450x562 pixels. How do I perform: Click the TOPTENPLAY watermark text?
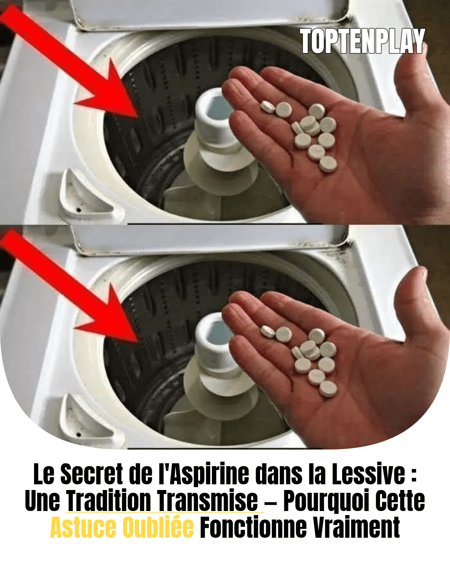362,41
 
